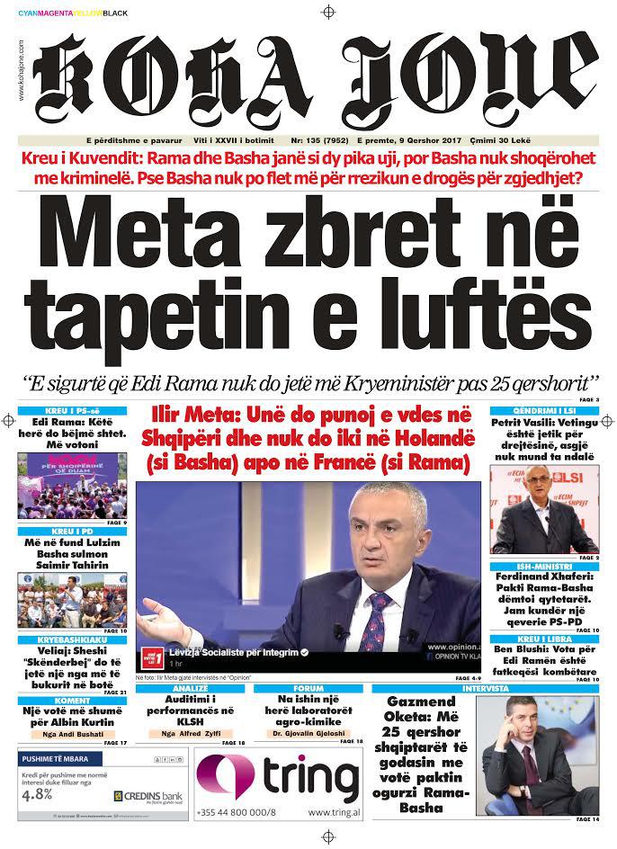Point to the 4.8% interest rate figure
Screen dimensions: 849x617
[x=38, y=794]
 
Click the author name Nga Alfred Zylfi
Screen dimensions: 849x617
[x=192, y=734]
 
